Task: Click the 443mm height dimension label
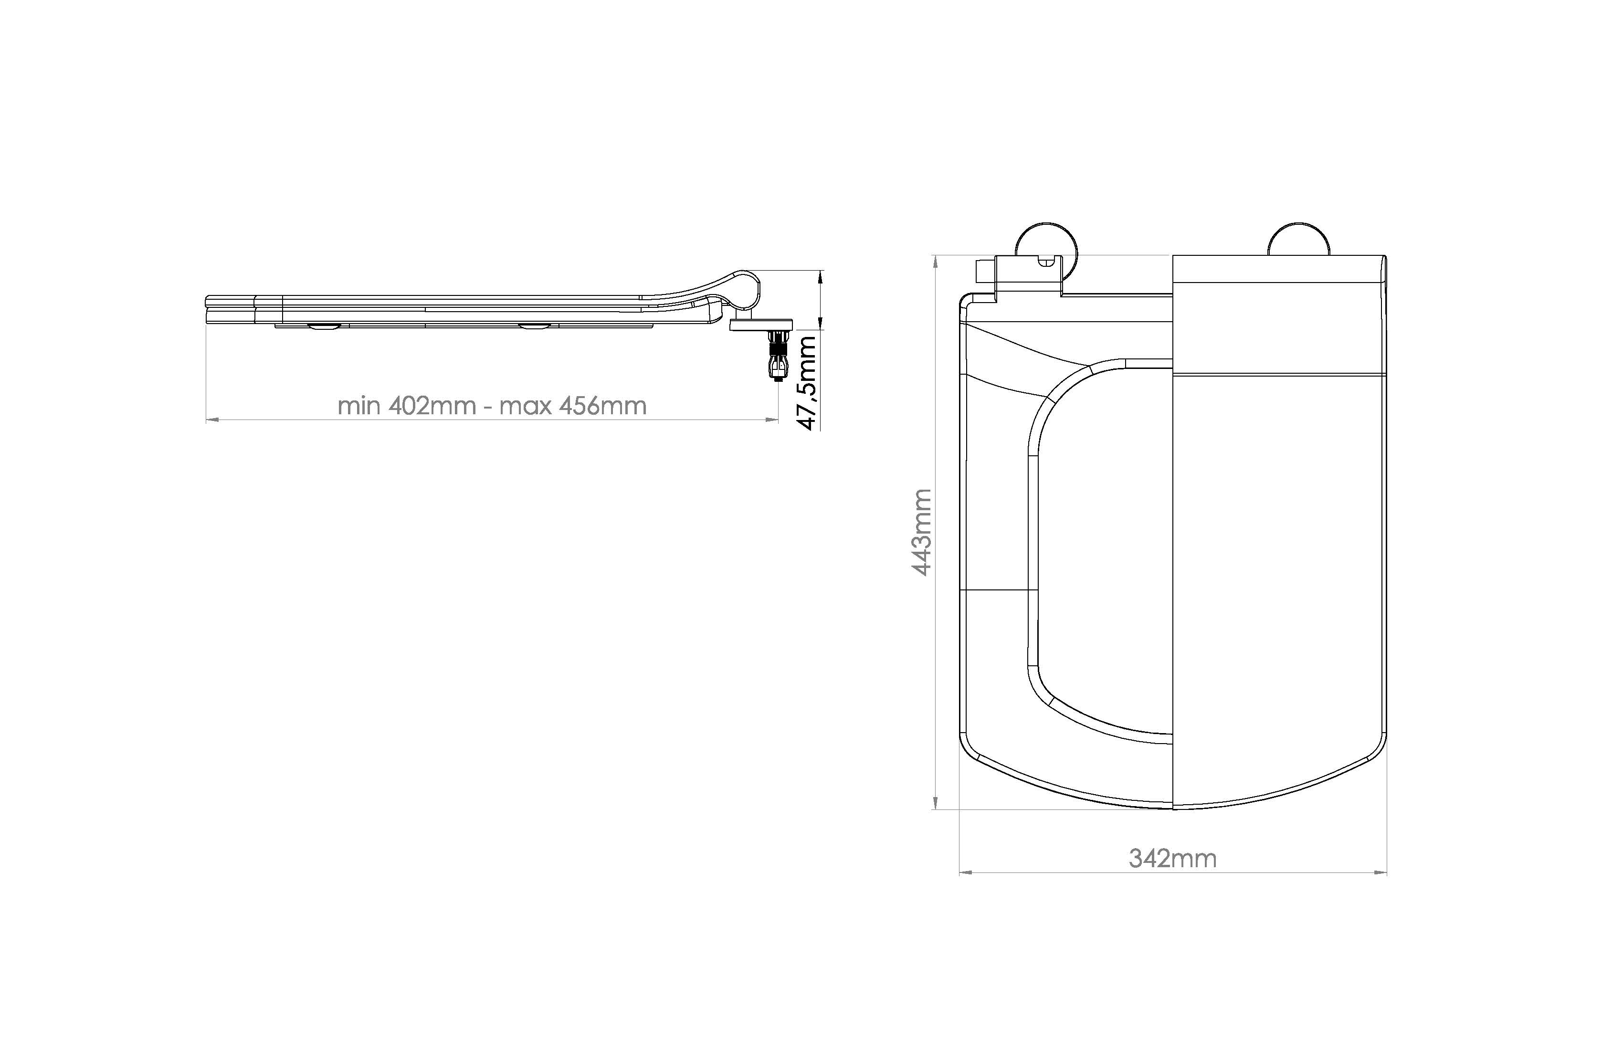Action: (x=921, y=533)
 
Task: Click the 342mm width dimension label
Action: (x=1172, y=859)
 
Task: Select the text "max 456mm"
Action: (x=573, y=406)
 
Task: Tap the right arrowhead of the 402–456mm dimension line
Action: (x=771, y=420)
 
